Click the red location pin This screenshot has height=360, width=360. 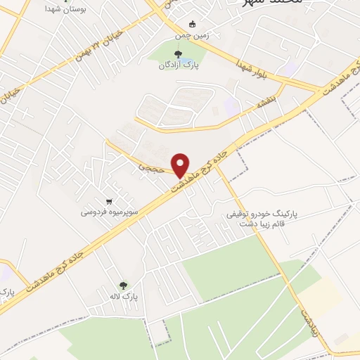point(181,165)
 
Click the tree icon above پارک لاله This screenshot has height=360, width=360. point(124,285)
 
